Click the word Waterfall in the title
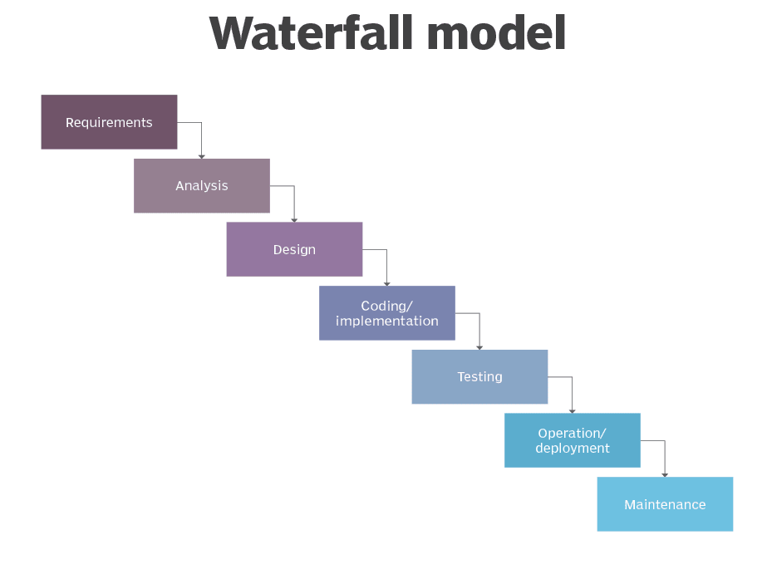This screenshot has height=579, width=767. click(x=312, y=34)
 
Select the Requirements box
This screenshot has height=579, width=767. click(x=109, y=122)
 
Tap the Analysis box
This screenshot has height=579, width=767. click(x=202, y=186)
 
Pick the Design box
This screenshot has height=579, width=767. click(x=294, y=249)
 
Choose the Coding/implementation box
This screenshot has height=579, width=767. click(x=387, y=313)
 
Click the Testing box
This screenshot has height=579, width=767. click(x=479, y=377)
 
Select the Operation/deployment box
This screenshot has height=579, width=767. click(x=573, y=440)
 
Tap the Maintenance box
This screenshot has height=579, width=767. click(x=665, y=504)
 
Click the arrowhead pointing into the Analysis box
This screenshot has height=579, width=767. click(x=202, y=155)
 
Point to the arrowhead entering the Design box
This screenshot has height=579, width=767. click(x=294, y=219)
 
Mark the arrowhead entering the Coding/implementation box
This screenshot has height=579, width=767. click(x=387, y=283)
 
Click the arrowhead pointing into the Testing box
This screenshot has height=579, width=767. click(x=479, y=346)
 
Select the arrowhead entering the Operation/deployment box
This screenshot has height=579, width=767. click(x=573, y=410)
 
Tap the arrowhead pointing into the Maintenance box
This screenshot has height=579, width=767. click(x=665, y=474)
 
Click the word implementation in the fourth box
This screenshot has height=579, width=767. click(x=387, y=321)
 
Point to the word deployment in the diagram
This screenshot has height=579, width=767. click(x=573, y=449)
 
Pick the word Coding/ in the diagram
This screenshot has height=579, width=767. click(x=386, y=306)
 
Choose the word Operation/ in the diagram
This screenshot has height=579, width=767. click(x=572, y=433)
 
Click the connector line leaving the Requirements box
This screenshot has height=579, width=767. click(x=189, y=123)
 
